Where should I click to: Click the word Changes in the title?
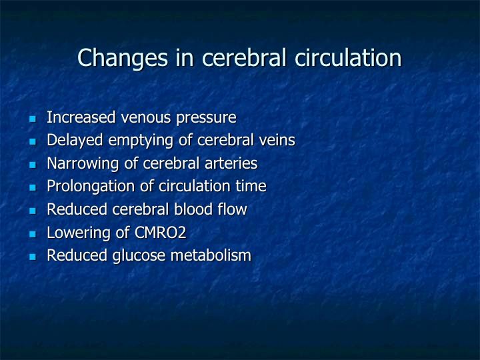[x=123, y=58]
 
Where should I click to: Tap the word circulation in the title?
[x=348, y=57]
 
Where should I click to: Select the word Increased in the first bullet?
[x=81, y=117]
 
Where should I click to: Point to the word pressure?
[x=206, y=118]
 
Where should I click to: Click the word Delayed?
[x=75, y=141]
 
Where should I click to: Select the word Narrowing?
[x=83, y=164]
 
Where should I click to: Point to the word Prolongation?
[x=91, y=187]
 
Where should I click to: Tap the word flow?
[x=233, y=209]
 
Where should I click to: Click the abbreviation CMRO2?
[x=160, y=233]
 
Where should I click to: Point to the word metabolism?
[x=211, y=255]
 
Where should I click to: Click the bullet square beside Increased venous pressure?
[x=33, y=119]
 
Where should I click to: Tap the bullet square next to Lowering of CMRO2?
[x=33, y=234]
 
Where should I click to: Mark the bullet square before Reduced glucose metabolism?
[x=33, y=257]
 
